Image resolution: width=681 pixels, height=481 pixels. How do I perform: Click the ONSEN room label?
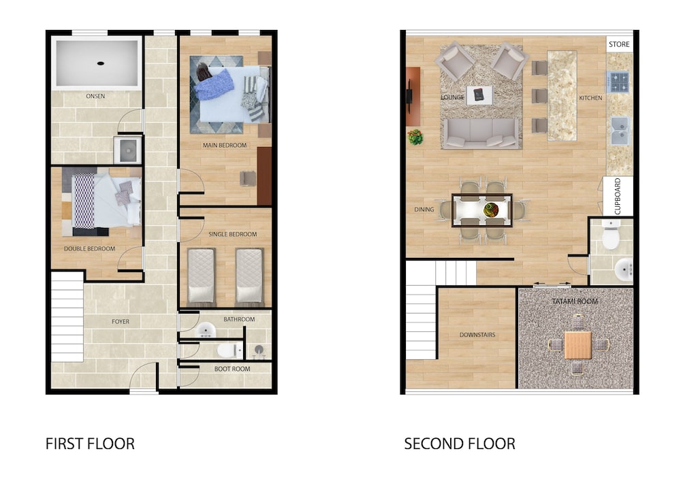[95, 97]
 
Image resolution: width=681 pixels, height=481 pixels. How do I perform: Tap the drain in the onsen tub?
[100, 63]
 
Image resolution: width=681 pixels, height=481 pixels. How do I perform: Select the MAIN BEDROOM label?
[225, 146]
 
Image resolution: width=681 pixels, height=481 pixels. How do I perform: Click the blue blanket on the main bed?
[214, 84]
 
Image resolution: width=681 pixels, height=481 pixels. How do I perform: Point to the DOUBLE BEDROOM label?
[89, 249]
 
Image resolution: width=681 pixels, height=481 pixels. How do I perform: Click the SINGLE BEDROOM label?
[232, 234]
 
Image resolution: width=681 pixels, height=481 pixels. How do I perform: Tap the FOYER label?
[121, 322]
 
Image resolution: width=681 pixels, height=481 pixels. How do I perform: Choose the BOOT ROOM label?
[232, 369]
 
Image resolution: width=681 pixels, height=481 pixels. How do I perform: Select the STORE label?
[619, 44]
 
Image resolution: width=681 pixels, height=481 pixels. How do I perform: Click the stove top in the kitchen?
[618, 82]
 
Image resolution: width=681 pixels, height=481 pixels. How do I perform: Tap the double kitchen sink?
[620, 131]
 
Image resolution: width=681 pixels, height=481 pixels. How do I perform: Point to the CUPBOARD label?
[617, 196]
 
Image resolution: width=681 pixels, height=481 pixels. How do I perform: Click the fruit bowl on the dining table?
[491, 210]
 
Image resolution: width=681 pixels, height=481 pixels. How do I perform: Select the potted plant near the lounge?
[415, 137]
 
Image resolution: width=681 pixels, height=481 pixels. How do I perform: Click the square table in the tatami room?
[577, 345]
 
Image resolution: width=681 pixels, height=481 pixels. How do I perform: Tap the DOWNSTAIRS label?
[477, 335]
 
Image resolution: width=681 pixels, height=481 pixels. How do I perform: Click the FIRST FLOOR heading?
[90, 444]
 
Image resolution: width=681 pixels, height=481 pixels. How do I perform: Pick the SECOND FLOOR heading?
[460, 444]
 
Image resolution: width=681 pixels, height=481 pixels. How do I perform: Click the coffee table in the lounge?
[479, 95]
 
